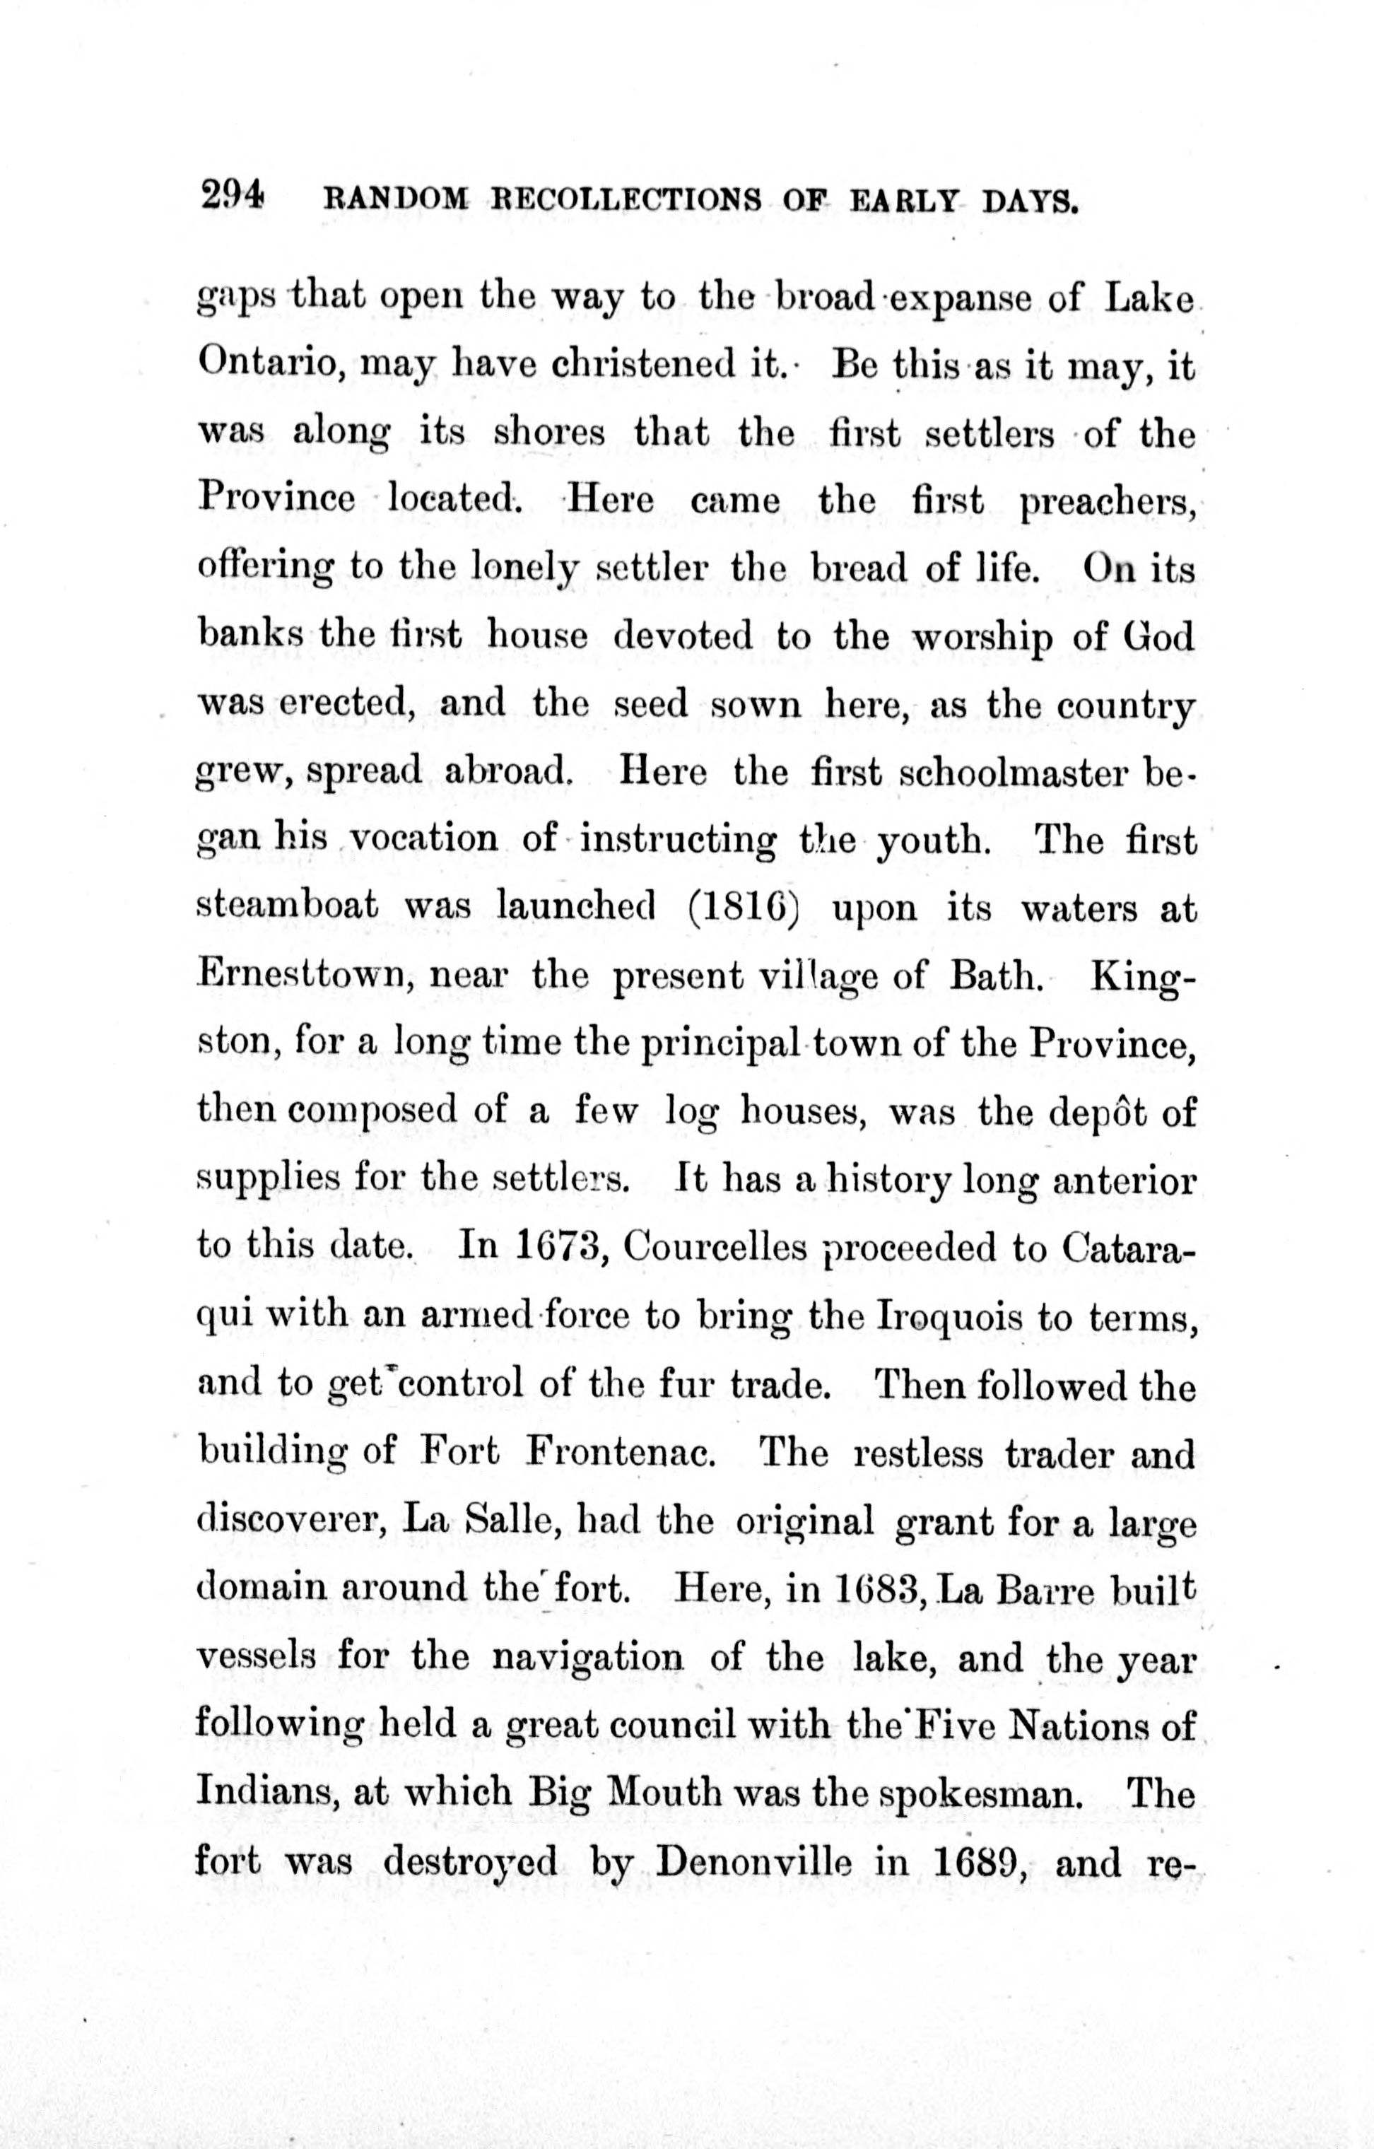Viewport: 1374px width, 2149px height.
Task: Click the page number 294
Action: [231, 195]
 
